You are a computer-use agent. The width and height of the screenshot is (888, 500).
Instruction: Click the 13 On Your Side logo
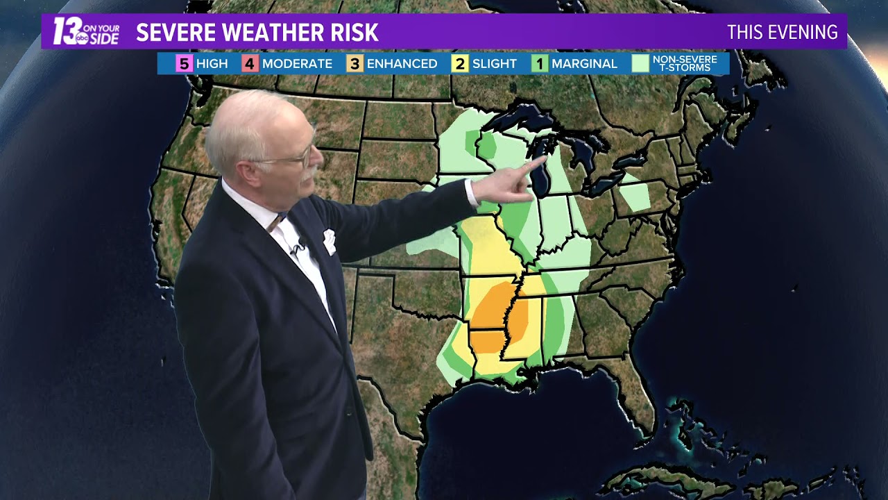(x=86, y=32)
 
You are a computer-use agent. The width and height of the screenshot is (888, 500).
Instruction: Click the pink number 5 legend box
(x=184, y=64)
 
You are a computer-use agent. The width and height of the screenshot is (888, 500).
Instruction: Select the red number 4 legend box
(x=250, y=64)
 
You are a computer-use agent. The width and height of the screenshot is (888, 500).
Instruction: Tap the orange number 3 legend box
(x=355, y=64)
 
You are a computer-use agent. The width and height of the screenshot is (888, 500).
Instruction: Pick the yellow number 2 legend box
(x=460, y=64)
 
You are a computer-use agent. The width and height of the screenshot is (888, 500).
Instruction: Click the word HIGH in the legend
(x=212, y=64)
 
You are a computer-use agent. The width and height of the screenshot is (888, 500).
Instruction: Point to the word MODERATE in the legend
(x=297, y=64)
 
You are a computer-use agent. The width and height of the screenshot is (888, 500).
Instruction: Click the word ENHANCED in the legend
(x=402, y=64)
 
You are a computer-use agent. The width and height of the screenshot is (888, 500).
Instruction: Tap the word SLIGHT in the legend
(x=494, y=64)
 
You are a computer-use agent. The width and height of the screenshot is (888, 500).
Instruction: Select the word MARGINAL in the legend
(x=584, y=64)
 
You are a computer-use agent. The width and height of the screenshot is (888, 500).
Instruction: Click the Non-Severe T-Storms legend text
(x=685, y=64)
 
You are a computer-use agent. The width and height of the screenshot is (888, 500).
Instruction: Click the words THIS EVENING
(x=782, y=32)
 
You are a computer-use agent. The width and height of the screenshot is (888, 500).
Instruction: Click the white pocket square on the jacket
(x=329, y=241)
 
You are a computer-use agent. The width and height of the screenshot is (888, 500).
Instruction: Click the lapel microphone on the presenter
(x=300, y=247)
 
